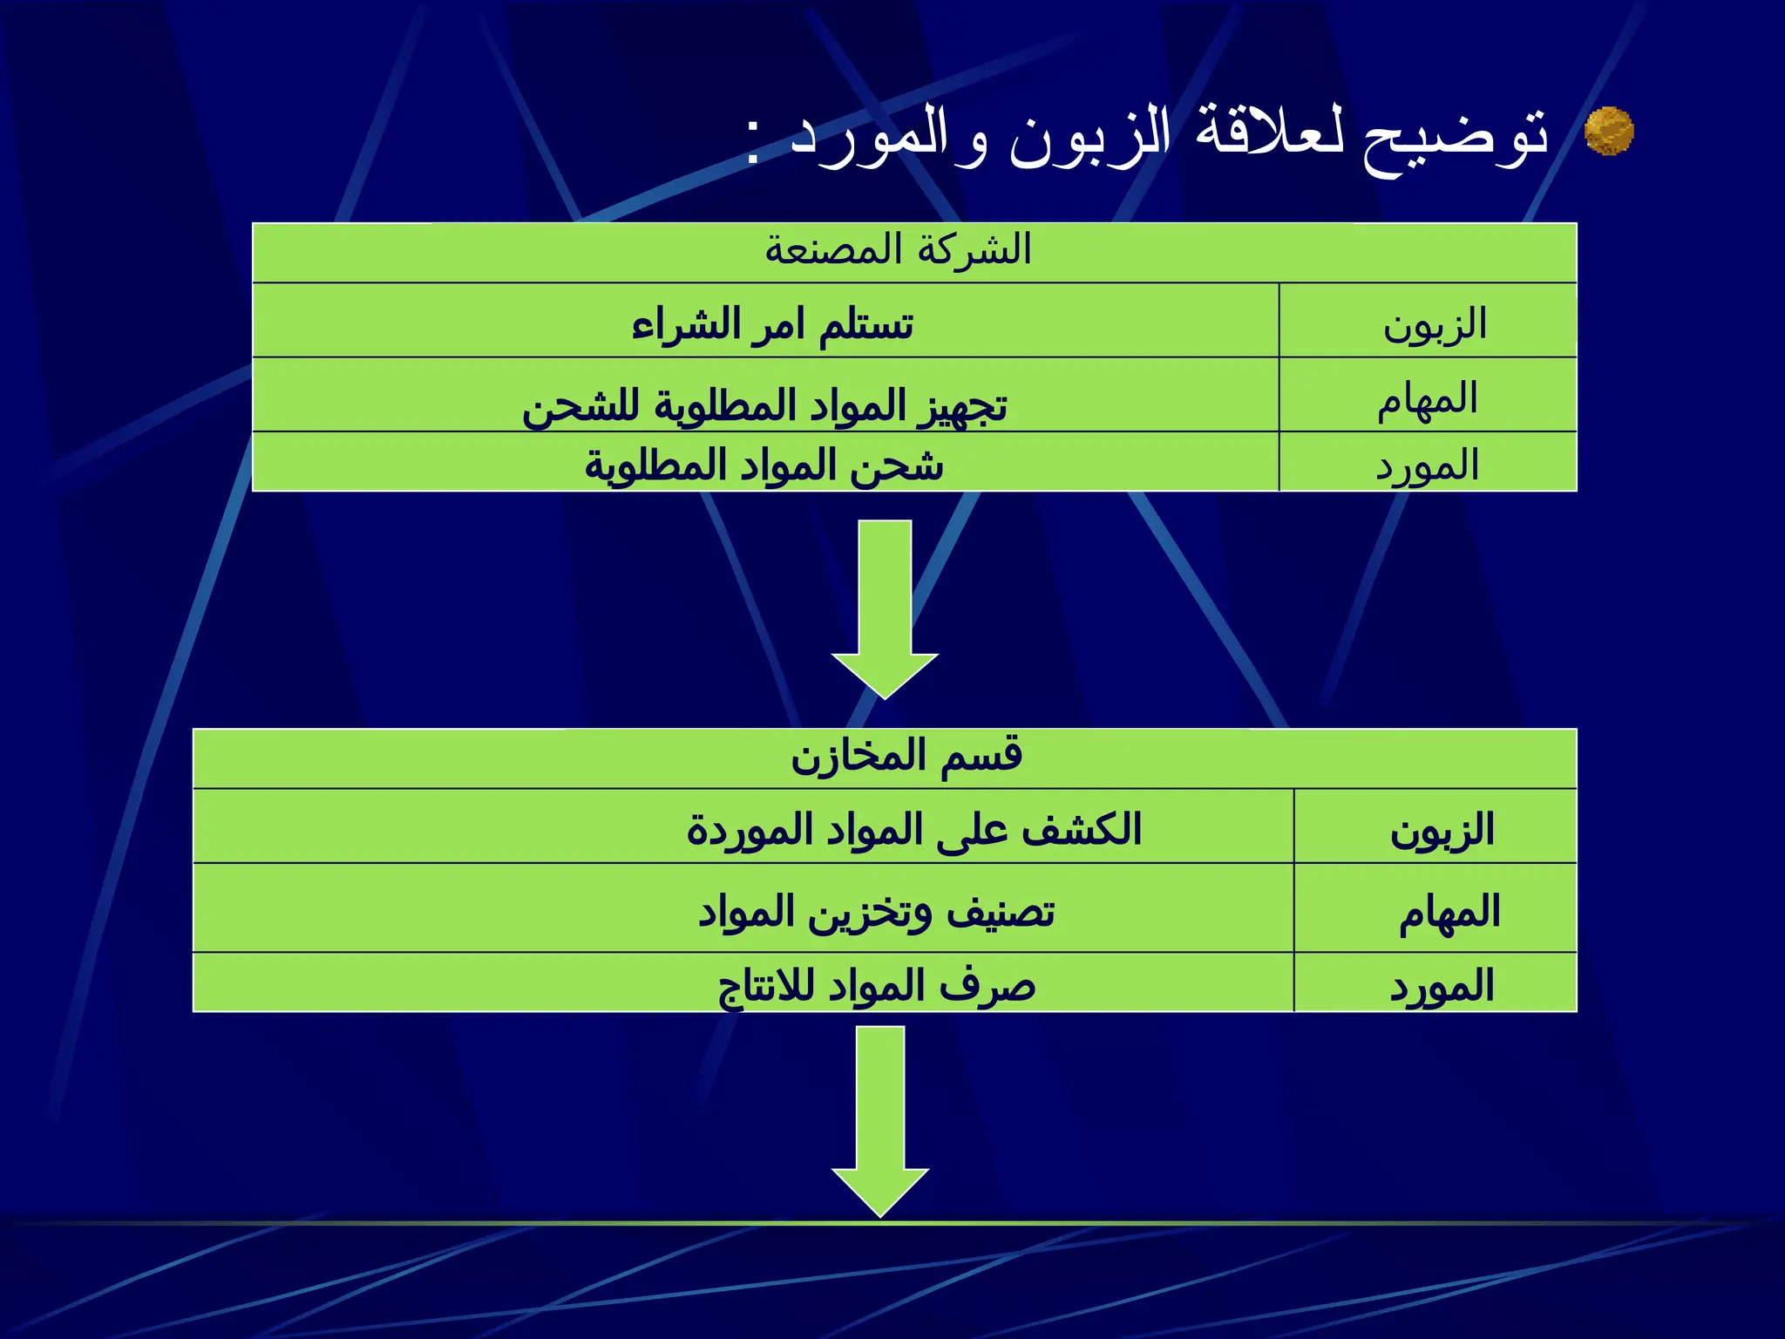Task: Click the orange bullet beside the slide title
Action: click(x=1608, y=132)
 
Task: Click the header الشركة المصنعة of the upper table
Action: click(x=898, y=251)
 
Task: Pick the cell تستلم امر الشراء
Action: click(x=772, y=324)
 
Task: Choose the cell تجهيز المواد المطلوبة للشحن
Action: click(x=764, y=404)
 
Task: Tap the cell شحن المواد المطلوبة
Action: click(x=764, y=464)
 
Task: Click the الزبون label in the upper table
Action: click(x=1435, y=324)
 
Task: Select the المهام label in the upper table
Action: click(x=1428, y=398)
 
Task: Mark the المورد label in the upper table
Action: click(x=1428, y=465)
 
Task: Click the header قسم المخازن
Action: click(x=906, y=756)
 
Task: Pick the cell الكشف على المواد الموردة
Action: click(x=913, y=829)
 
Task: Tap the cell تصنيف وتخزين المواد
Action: click(x=876, y=912)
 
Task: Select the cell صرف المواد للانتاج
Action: click(x=876, y=986)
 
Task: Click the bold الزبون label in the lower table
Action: click(x=1442, y=830)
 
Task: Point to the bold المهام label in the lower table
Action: click(x=1449, y=912)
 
